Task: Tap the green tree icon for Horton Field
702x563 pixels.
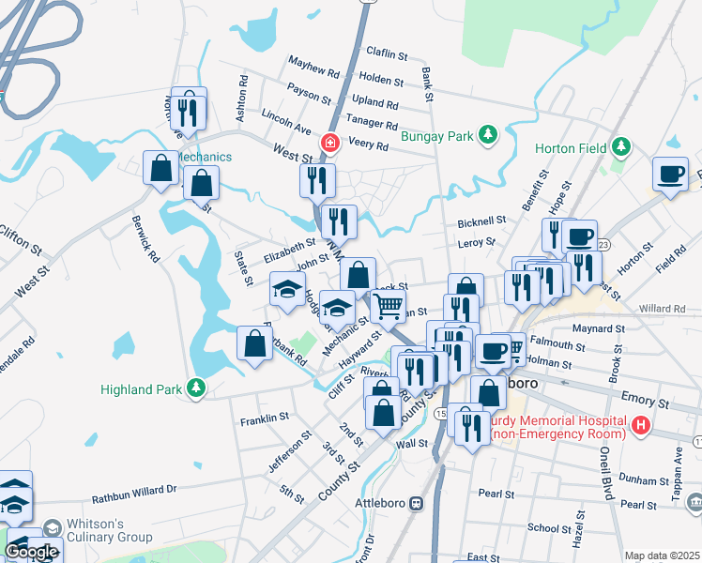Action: pyautogui.click(x=620, y=147)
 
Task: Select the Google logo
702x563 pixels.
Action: pyautogui.click(x=31, y=552)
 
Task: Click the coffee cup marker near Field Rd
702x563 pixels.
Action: pyautogui.click(x=671, y=174)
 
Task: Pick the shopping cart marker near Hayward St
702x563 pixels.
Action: pyautogui.click(x=388, y=305)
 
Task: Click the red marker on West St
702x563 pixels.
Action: pyautogui.click(x=329, y=144)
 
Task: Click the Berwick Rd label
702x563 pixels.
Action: pyautogui.click(x=140, y=243)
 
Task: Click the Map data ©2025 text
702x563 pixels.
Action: pyautogui.click(x=663, y=555)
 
